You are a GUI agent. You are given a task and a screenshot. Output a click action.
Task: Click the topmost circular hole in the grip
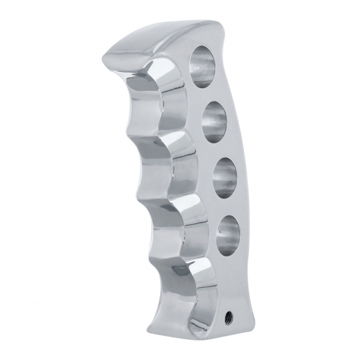202,66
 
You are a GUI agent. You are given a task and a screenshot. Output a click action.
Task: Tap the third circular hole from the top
223,177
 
